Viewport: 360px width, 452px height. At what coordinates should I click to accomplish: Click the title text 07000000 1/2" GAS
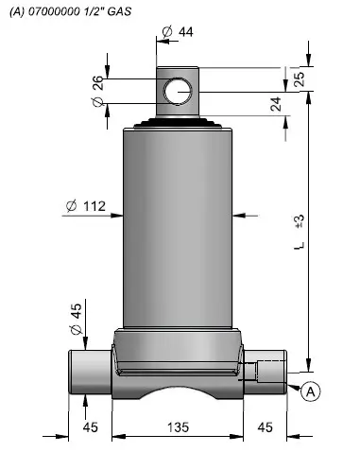pyautogui.click(x=79, y=11)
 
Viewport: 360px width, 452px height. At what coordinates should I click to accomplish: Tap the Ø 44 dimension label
pyautogui.click(x=178, y=31)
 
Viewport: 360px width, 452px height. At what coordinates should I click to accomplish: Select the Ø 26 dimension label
pyautogui.click(x=98, y=91)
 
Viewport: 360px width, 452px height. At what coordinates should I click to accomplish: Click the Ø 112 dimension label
pyautogui.click(x=86, y=206)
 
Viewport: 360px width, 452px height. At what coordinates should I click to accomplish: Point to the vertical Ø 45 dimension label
pyautogui.click(x=76, y=319)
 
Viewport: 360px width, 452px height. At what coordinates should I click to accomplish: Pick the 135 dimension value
pyautogui.click(x=178, y=427)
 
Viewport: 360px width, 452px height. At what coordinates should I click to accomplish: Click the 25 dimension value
pyautogui.click(x=299, y=79)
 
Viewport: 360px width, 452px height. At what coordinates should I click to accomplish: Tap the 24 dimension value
pyautogui.click(x=276, y=104)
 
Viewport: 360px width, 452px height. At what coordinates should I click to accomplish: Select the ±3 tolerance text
pyautogui.click(x=300, y=221)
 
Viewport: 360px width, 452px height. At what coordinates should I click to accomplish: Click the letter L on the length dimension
pyautogui.click(x=300, y=246)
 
